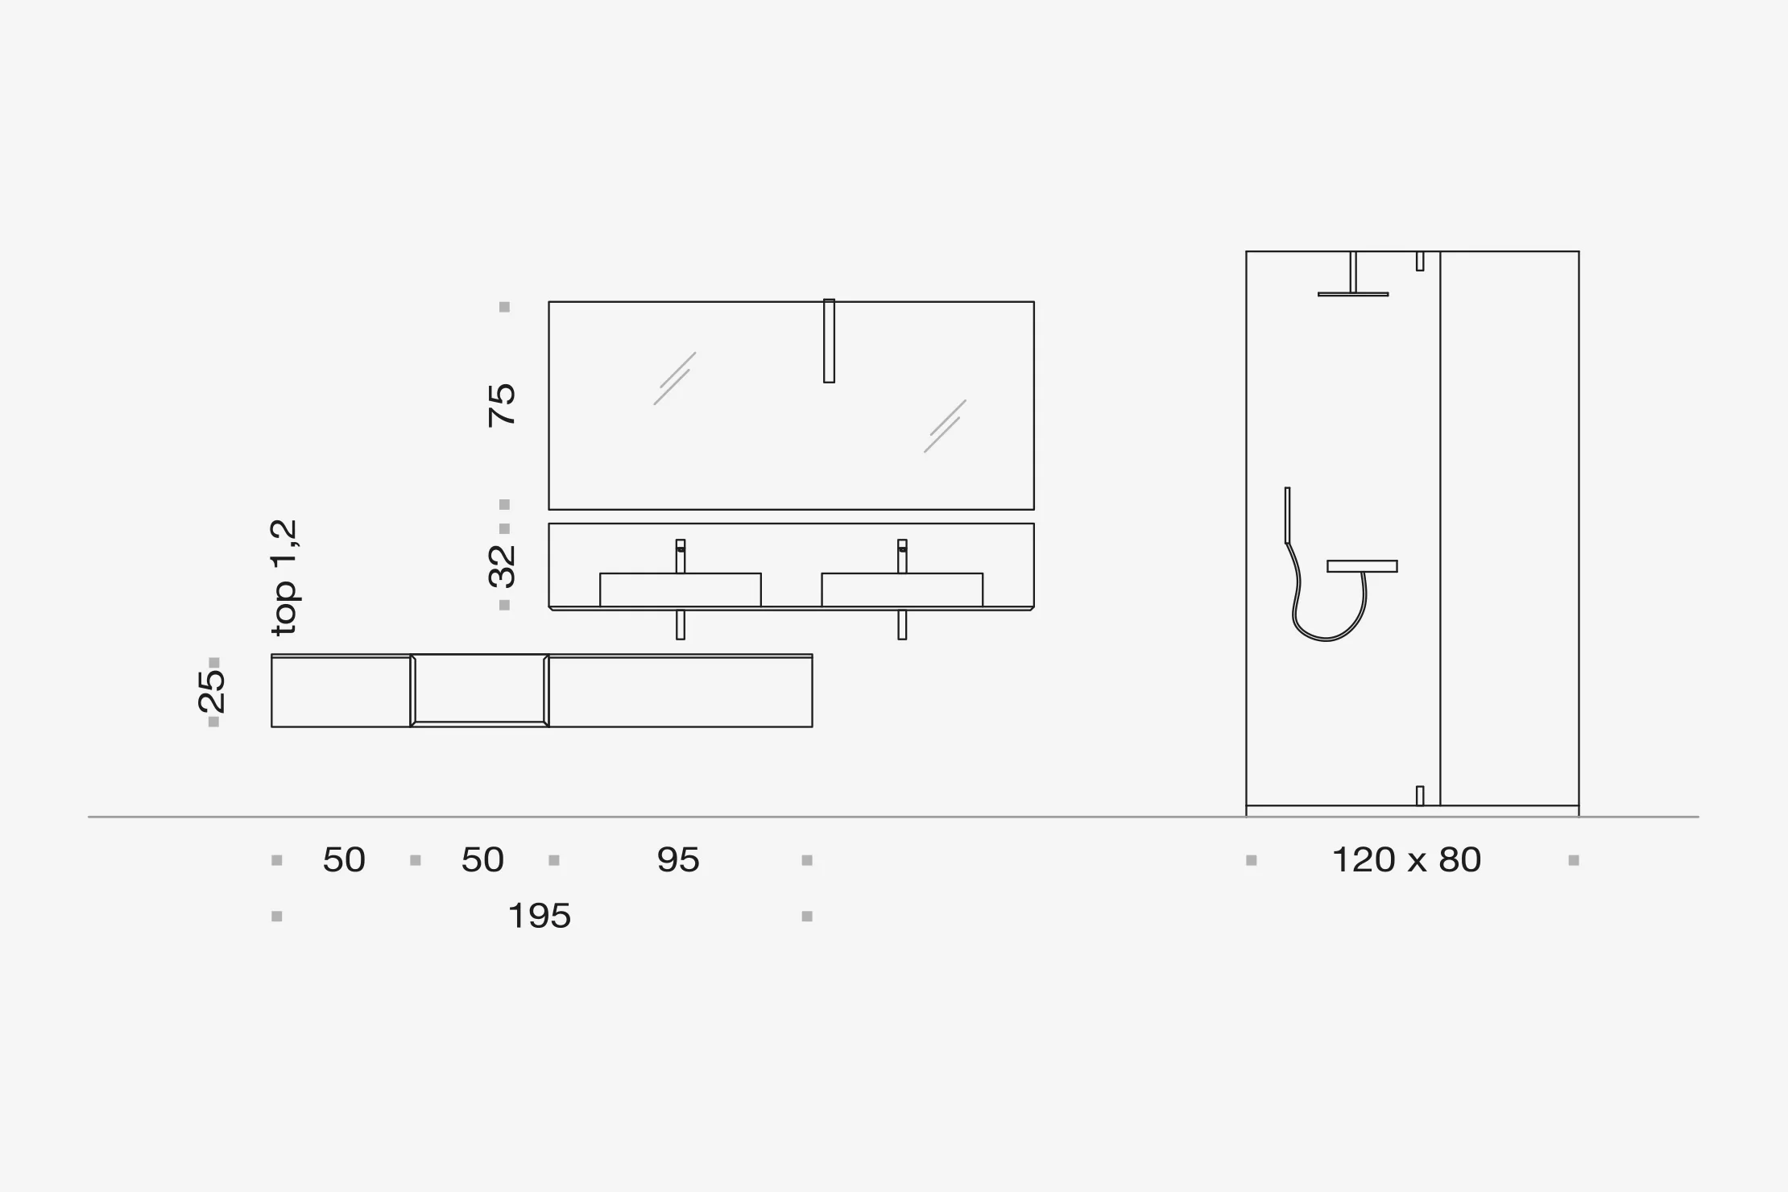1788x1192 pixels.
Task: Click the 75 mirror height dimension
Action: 502,405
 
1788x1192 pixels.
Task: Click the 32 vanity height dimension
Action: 502,566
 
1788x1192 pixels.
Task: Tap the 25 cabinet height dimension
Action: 211,691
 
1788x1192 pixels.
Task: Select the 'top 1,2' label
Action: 284,577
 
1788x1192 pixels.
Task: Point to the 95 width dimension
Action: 678,860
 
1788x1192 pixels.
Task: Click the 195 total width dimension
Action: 540,917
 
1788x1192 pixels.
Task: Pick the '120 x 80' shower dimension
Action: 1407,860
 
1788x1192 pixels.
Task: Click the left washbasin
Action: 681,590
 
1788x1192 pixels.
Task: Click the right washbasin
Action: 902,590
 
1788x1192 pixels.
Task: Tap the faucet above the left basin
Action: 681,556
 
